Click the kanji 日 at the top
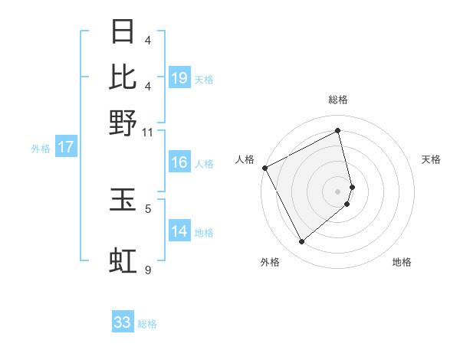pyautogui.click(x=123, y=33)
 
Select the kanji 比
pyautogui.click(x=123, y=77)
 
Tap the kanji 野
pyautogui.click(x=123, y=123)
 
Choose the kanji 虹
pyautogui.click(x=123, y=260)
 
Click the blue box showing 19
pyautogui.click(x=179, y=77)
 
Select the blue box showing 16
pyautogui.click(x=179, y=162)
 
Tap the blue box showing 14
pyautogui.click(x=179, y=231)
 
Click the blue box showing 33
pyautogui.click(x=123, y=322)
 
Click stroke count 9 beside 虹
pyautogui.click(x=148, y=270)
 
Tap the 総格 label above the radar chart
pyautogui.click(x=337, y=100)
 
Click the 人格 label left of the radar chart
pyautogui.click(x=245, y=159)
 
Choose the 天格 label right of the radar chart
pyautogui.click(x=431, y=159)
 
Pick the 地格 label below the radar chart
pyautogui.click(x=402, y=262)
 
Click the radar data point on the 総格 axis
pyautogui.click(x=337, y=131)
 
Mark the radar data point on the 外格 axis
pyautogui.click(x=301, y=242)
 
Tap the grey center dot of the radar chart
pyautogui.click(x=337, y=191)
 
